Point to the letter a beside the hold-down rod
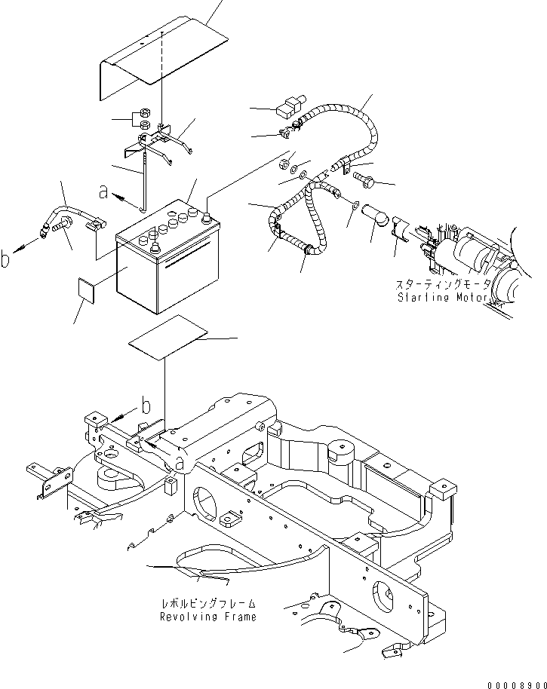pos(103,193)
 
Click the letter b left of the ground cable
pos(6,260)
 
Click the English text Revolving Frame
pos(207,617)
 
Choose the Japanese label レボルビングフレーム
pos(207,605)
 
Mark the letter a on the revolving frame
pos(180,461)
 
